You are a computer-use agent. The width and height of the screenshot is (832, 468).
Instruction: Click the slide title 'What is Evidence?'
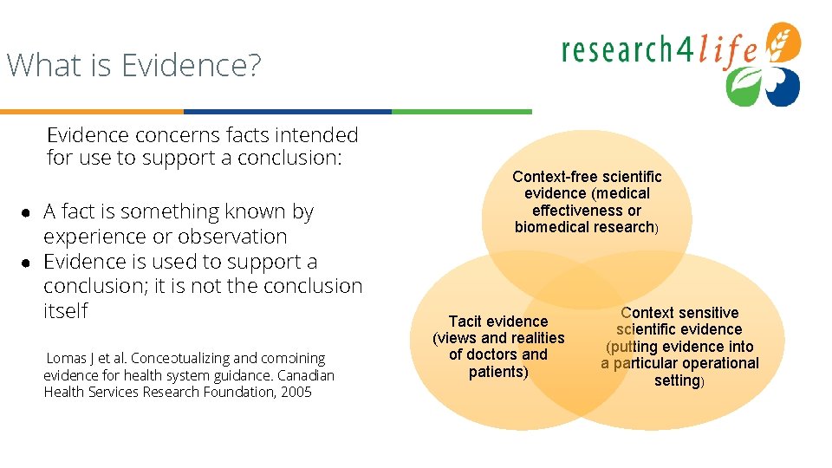tap(133, 66)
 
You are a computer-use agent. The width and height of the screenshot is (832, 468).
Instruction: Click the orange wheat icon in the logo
tap(786, 41)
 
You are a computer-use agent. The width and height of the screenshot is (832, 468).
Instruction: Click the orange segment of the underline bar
tap(91, 112)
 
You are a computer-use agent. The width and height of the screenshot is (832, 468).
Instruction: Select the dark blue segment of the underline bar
tap(287, 112)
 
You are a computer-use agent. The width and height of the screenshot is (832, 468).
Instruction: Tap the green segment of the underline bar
tap(461, 112)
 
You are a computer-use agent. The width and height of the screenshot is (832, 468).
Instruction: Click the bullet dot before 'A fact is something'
tap(27, 213)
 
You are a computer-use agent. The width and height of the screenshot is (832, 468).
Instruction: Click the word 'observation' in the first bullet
tap(231, 237)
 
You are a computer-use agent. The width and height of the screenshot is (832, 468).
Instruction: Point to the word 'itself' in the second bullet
tap(66, 311)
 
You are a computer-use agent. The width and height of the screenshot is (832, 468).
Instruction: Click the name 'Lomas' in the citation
tap(66, 358)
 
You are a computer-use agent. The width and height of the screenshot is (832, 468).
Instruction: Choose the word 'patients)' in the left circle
tap(498, 372)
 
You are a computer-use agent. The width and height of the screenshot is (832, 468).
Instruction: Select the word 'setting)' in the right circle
tap(679, 380)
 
